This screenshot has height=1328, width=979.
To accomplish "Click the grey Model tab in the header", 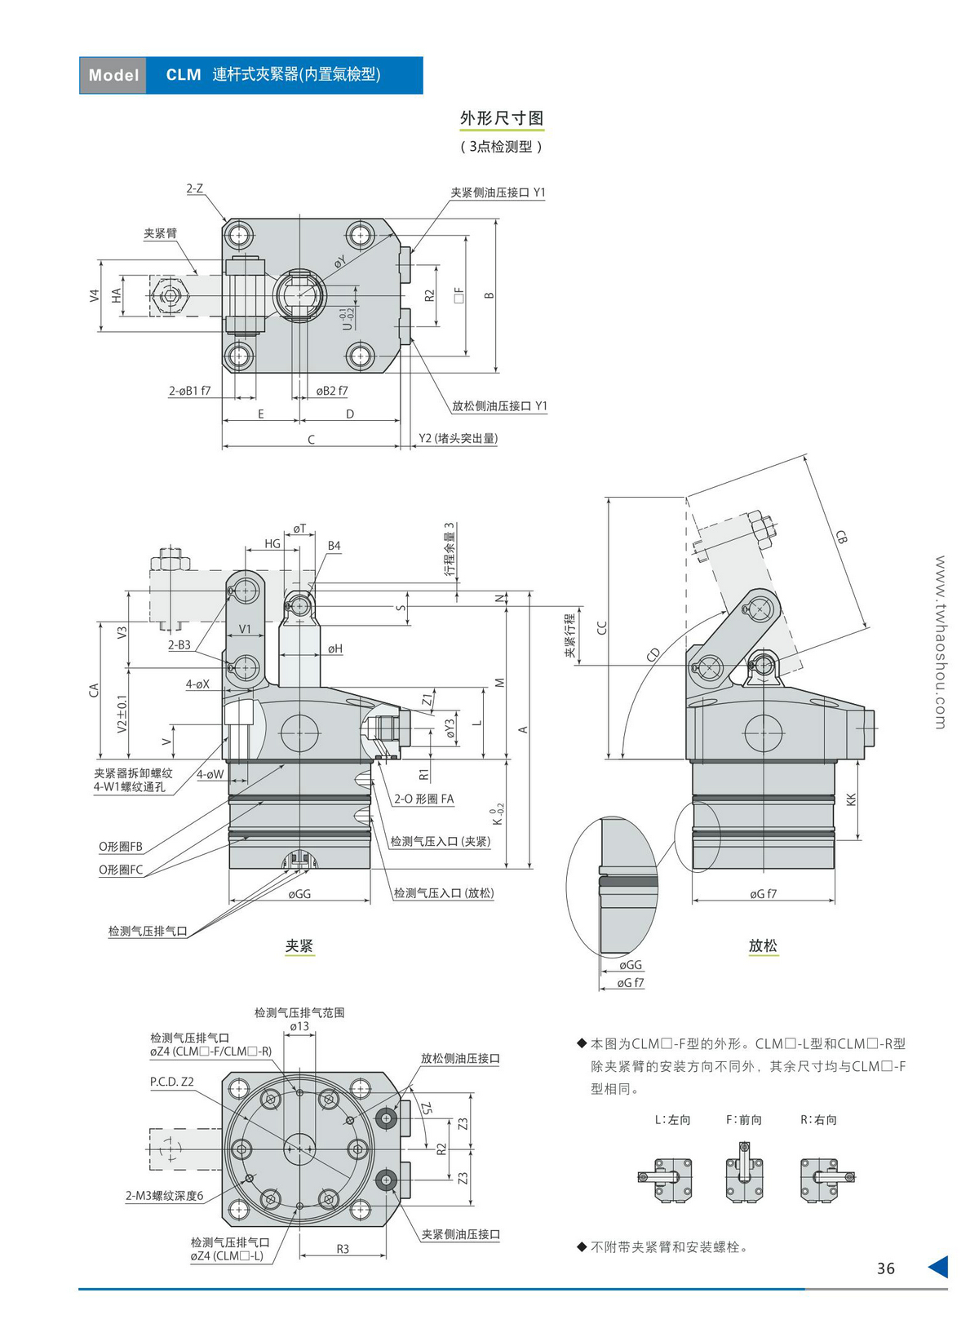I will coord(113,75).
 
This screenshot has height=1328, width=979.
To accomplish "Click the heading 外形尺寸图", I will coord(501,118).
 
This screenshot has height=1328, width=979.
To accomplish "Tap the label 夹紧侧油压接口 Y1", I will coord(498,193).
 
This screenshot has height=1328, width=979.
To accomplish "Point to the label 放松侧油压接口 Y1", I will coord(499,406).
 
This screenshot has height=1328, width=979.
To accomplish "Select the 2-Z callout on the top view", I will coord(194,188).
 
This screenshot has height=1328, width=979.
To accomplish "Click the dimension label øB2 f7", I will coord(332,391).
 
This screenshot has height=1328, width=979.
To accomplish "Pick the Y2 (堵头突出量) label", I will coord(458,438).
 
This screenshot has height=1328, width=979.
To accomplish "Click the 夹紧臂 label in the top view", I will coord(160,233).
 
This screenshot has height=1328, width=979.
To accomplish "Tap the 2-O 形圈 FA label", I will coord(423,799).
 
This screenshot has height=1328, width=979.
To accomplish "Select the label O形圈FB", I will coord(121,847).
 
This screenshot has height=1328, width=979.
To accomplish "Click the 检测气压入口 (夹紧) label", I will coord(440,841).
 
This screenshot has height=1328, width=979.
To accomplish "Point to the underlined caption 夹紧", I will coord(299,946).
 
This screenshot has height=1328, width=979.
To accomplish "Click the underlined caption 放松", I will coord(763,945).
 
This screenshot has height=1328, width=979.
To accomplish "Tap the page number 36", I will coord(885,1268).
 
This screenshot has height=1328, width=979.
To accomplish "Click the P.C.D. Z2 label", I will coord(171,1082).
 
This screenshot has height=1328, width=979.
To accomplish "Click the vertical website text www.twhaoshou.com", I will coord(940,642).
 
